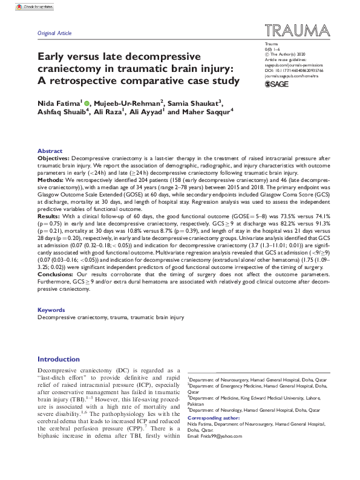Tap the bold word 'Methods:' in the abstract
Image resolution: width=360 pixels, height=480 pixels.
pyautogui.click(x=51, y=180)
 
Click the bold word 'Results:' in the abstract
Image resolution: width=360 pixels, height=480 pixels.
pyautogui.click(x=50, y=214)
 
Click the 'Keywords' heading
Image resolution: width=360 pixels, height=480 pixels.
pyautogui.click(x=51, y=310)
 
